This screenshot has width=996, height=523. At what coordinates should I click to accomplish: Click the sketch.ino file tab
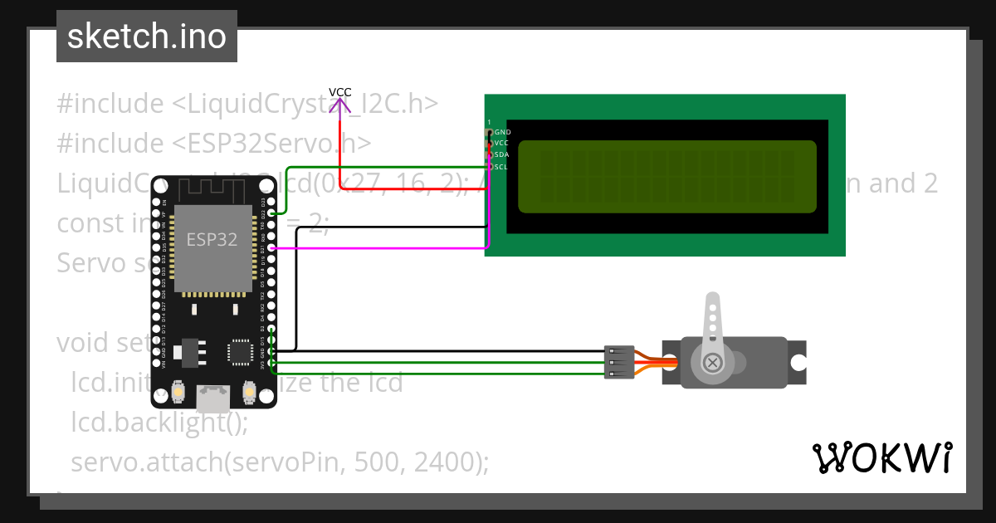click(x=147, y=37)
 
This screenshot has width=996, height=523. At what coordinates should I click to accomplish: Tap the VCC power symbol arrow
click(x=339, y=105)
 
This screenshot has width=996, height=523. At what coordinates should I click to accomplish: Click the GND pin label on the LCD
click(x=502, y=132)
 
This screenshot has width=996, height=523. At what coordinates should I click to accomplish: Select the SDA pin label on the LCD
click(x=501, y=155)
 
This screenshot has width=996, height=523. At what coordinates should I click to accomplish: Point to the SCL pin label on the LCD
click(x=501, y=167)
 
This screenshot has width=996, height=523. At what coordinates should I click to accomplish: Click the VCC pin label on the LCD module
click(x=501, y=144)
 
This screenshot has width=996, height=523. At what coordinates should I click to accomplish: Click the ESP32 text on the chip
click(x=211, y=241)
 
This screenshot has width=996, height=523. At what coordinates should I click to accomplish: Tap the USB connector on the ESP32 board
click(x=212, y=398)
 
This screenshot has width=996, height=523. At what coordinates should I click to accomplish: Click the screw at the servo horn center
click(x=712, y=362)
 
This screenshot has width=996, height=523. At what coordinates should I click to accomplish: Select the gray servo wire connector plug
click(x=619, y=362)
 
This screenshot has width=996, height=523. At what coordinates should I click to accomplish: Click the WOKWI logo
click(x=881, y=457)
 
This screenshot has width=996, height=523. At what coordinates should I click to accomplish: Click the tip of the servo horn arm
click(x=711, y=301)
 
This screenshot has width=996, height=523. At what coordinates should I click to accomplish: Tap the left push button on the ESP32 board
click(x=177, y=390)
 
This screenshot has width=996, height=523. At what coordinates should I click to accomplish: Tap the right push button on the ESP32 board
click(x=248, y=390)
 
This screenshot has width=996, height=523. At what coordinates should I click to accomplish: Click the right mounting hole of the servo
click(x=798, y=363)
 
